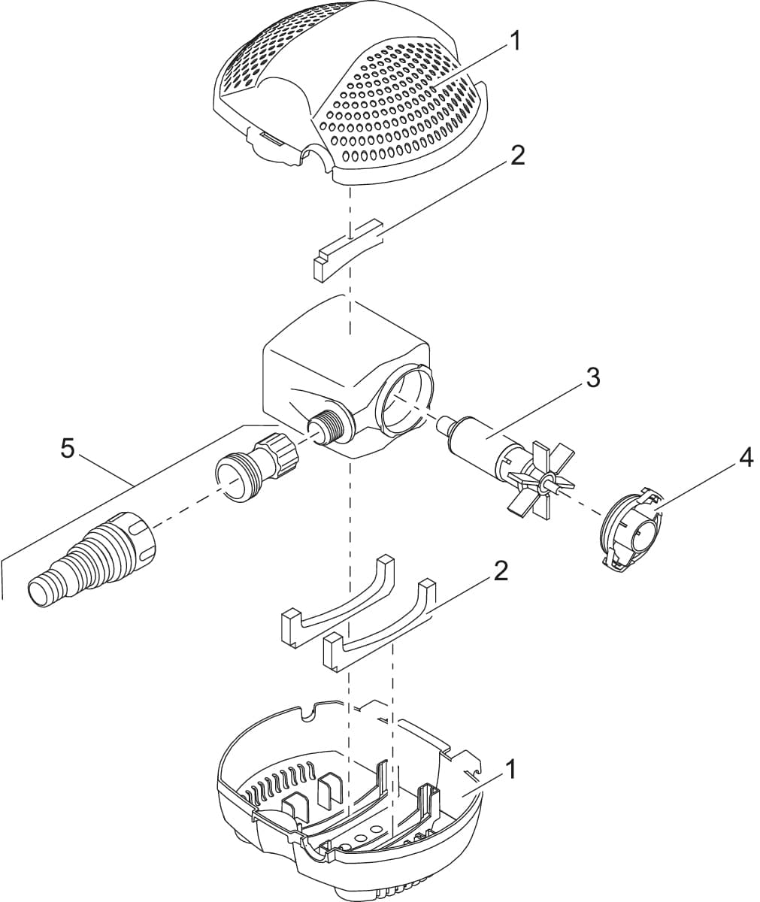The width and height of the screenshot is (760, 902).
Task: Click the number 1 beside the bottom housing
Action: pos(510,769)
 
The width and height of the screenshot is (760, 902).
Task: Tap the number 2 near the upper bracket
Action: pos(517,156)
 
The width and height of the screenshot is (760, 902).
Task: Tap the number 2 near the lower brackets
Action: pos(501,571)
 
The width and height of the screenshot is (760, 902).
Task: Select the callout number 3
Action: pos(593,377)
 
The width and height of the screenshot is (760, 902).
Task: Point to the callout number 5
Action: pos(68,449)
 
